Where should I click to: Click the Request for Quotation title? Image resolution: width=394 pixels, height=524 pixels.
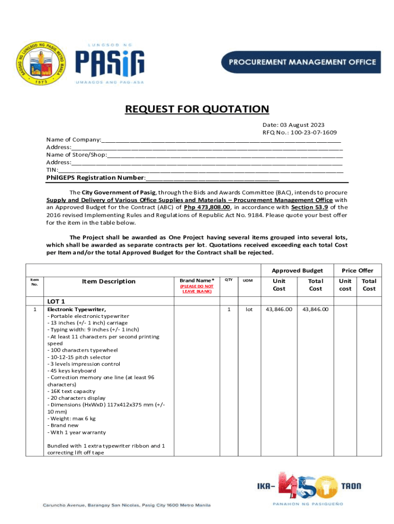tap(197, 109)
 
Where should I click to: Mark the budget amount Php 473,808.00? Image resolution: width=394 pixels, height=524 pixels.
tap(207, 207)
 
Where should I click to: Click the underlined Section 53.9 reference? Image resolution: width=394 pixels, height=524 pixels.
tap(309, 207)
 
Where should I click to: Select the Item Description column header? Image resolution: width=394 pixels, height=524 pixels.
tap(108, 281)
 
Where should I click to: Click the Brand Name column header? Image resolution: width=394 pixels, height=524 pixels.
tap(197, 280)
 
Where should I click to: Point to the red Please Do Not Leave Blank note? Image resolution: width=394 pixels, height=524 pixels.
tap(197, 289)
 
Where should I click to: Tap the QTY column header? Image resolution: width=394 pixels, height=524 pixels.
tap(229, 280)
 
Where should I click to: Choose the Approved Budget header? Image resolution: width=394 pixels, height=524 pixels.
tap(297, 270)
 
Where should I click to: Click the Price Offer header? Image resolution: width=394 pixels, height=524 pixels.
tap(358, 270)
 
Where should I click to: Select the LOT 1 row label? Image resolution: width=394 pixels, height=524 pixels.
tap(56, 301)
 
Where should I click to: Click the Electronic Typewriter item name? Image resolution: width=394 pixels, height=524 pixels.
tap(77, 310)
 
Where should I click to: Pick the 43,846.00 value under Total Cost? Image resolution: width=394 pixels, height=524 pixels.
tap(315, 310)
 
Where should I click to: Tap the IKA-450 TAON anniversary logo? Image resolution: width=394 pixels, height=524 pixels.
tap(307, 486)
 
